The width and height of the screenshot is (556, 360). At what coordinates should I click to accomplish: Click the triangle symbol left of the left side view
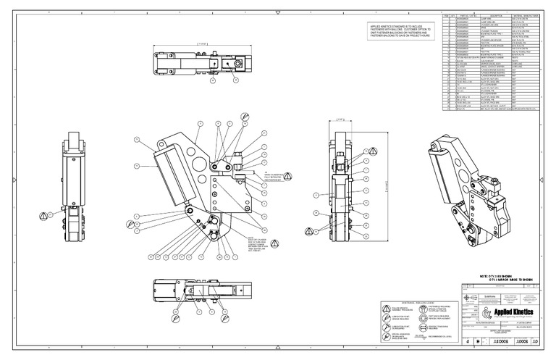[43, 215]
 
